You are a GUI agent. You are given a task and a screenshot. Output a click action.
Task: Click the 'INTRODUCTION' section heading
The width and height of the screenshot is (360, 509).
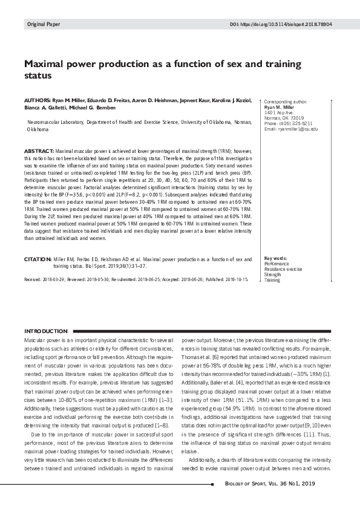point(45,331)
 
